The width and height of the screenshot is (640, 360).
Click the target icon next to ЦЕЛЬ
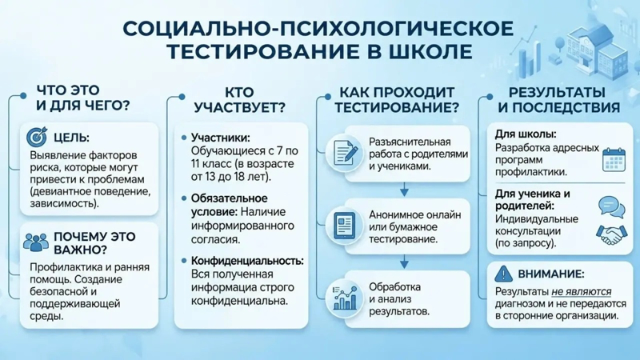(x=37, y=137)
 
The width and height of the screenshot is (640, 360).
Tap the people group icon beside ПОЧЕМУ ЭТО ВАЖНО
(x=36, y=242)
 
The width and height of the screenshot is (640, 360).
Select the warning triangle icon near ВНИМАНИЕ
(x=503, y=274)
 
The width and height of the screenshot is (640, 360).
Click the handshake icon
(x=611, y=234)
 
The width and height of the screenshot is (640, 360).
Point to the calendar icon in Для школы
(x=614, y=159)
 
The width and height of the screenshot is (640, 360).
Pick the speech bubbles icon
(x=611, y=207)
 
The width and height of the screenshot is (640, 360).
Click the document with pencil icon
(x=346, y=153)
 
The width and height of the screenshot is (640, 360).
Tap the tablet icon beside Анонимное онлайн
(x=344, y=226)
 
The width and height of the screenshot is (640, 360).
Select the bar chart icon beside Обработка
(x=345, y=298)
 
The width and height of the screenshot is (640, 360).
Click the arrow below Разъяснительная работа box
(x=404, y=190)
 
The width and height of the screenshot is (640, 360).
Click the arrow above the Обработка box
(x=404, y=262)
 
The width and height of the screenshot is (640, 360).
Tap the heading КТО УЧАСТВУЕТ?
(x=239, y=100)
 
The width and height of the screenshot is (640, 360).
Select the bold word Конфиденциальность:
(x=247, y=261)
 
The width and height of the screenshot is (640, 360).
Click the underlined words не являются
(x=582, y=292)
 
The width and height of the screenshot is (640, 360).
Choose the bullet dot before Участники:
(x=184, y=138)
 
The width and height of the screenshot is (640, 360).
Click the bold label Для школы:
(x=526, y=134)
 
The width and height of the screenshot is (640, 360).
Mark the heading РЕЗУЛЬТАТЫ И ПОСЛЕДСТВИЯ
(x=558, y=100)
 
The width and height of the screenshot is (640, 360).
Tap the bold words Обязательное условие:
(x=230, y=206)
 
